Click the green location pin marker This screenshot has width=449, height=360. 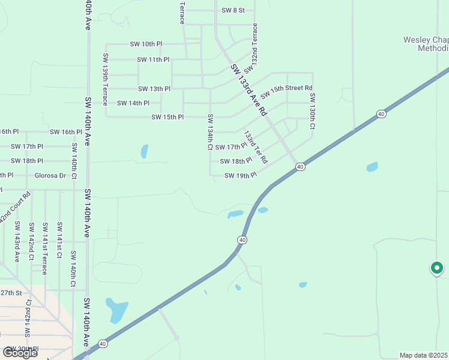click(x=437, y=268)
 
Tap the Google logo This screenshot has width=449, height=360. click(x=20, y=353)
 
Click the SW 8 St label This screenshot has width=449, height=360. click(x=234, y=10)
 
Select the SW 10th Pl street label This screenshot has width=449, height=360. click(x=146, y=44)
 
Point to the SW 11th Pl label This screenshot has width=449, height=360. click(x=153, y=59)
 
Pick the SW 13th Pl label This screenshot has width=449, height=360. click(x=155, y=89)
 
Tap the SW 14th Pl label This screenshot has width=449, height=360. click(x=133, y=103)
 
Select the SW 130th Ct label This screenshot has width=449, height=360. click(x=312, y=118)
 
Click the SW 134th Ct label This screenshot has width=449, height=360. click(x=210, y=131)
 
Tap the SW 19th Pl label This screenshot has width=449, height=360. click(x=240, y=176)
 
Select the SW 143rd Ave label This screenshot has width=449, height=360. click(x=17, y=242)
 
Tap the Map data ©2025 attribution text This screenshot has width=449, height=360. click(x=424, y=355)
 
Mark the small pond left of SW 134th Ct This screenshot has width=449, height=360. click(x=144, y=151)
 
